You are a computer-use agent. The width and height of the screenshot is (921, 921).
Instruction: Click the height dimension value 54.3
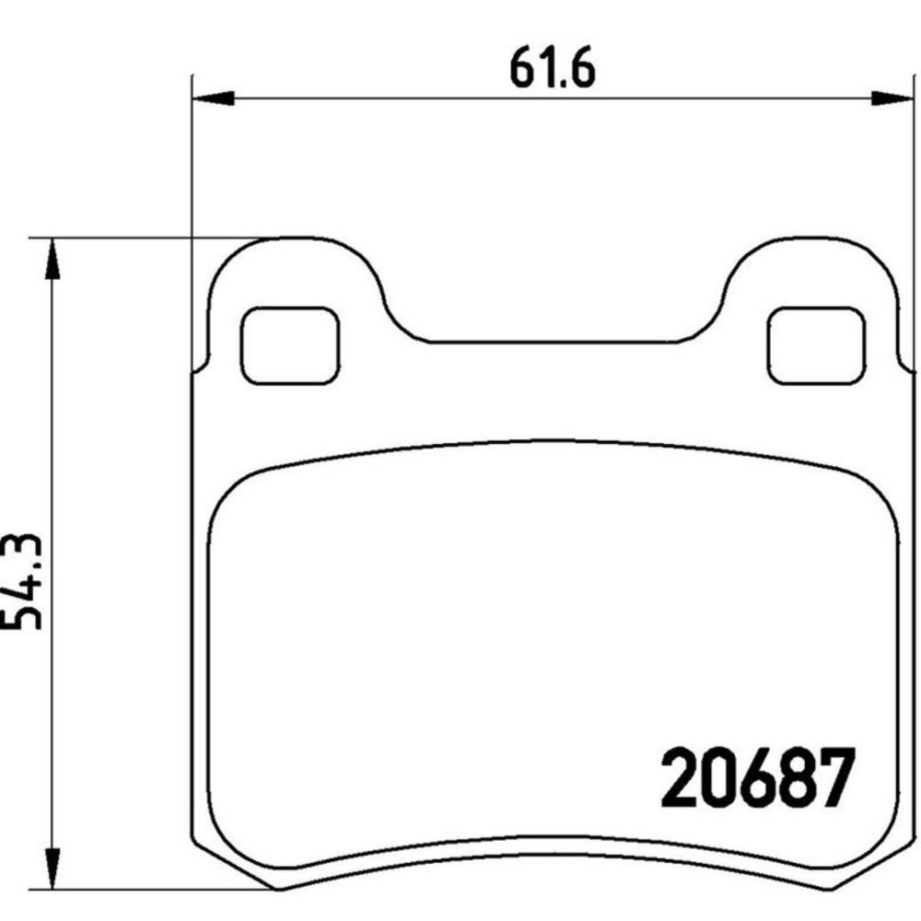(22, 582)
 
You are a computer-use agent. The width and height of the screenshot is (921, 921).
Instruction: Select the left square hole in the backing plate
(289, 345)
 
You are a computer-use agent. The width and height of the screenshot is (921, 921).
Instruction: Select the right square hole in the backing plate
(816, 345)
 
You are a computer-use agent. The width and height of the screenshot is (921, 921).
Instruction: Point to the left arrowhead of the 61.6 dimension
(214, 99)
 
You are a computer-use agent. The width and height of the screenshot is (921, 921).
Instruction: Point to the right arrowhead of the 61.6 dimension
(892, 99)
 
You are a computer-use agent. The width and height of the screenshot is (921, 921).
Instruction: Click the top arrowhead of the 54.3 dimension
(52, 259)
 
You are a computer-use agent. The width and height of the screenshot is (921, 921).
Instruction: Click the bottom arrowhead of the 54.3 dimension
(52, 869)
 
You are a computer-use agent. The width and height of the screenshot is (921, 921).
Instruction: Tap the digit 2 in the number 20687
(681, 779)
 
